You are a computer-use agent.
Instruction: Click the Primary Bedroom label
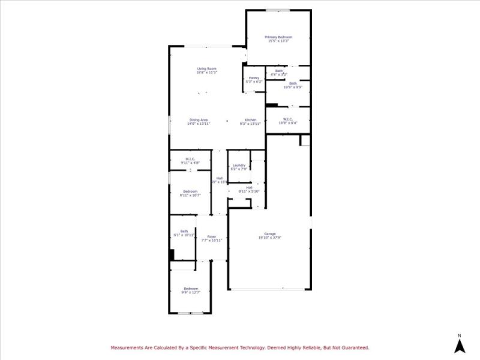(x=278, y=37)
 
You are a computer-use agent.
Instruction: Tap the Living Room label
(x=206, y=69)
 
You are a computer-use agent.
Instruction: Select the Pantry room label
(x=254, y=78)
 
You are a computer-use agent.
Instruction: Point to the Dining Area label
(x=199, y=120)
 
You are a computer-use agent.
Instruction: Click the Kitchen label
(x=250, y=120)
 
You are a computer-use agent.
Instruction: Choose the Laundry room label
(x=239, y=166)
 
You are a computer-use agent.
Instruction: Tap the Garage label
(x=270, y=233)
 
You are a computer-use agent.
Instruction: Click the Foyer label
(x=212, y=236)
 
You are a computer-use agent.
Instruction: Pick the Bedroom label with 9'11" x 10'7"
(x=190, y=191)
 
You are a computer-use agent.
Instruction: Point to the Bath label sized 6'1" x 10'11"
(x=184, y=231)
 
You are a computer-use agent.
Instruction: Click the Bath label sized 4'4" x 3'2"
(x=279, y=71)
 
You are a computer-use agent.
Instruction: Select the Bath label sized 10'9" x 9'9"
(x=293, y=83)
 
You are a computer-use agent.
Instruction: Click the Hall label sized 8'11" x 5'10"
(x=248, y=188)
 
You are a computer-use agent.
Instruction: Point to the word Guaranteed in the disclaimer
(x=355, y=347)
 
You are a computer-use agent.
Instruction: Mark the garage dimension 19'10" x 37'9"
(x=269, y=238)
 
